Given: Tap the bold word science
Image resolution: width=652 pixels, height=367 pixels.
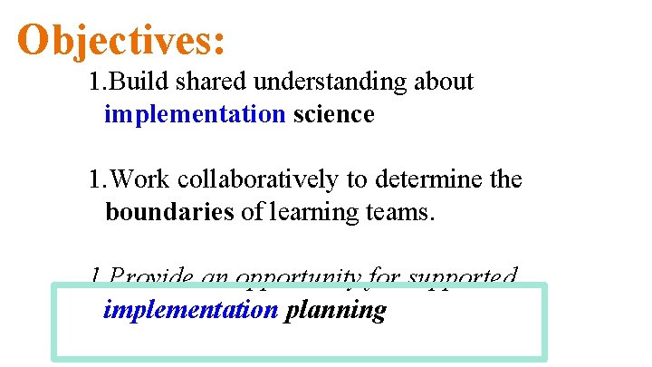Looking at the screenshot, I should click(333, 115).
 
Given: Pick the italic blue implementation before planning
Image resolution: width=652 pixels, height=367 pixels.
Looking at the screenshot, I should click(190, 310).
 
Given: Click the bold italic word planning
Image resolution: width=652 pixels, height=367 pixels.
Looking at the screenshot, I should click(335, 311).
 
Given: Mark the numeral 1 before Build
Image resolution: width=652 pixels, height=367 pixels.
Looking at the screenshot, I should click(94, 82).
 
